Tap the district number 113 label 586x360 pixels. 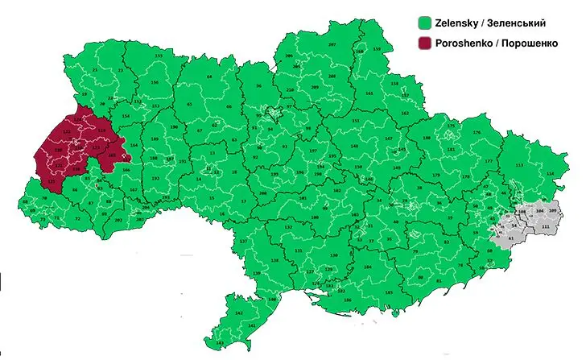[x=519, y=165]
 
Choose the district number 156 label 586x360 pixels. [x=153, y=84]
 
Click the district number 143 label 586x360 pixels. [x=220, y=343]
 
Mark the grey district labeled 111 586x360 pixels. [x=546, y=228]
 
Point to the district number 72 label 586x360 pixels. [x=78, y=219]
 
